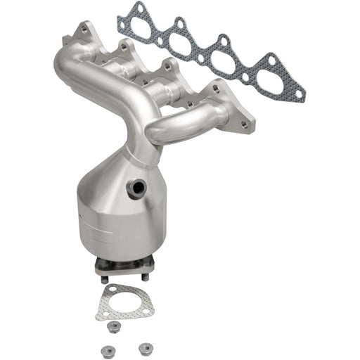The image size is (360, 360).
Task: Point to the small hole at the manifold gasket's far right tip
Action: (299, 91)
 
